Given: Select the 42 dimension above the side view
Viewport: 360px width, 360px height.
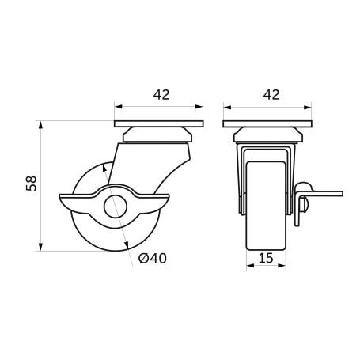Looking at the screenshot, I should pos(161,94).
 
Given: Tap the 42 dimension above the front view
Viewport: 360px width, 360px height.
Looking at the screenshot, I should pos(271,94).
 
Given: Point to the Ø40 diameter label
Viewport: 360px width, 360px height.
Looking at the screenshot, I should pos(151,258).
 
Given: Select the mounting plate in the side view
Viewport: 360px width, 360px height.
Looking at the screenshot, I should pos(159,124).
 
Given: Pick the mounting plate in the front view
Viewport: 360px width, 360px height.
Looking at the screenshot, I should pos(268,124).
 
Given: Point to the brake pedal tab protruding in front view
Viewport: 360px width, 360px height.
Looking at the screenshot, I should pos(324,191).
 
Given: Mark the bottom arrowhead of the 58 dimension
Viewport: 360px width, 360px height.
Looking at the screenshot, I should pos(40,246).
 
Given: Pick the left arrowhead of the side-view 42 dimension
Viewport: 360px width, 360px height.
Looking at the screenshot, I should pos(118,104).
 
